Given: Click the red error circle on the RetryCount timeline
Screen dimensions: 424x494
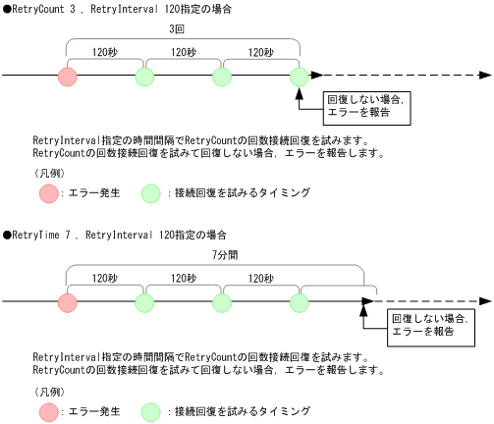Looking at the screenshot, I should pos(67,77).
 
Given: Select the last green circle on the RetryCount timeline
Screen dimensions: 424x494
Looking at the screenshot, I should pos(301,77).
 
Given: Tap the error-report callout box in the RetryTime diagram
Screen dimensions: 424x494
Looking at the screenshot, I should pos(429,328).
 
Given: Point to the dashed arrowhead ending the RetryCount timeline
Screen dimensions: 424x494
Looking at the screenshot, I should pos(483,77).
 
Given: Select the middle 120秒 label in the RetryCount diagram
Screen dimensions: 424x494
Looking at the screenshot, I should pos(184,53).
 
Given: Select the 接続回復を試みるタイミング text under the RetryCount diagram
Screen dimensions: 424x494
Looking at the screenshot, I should pos(242,193).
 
